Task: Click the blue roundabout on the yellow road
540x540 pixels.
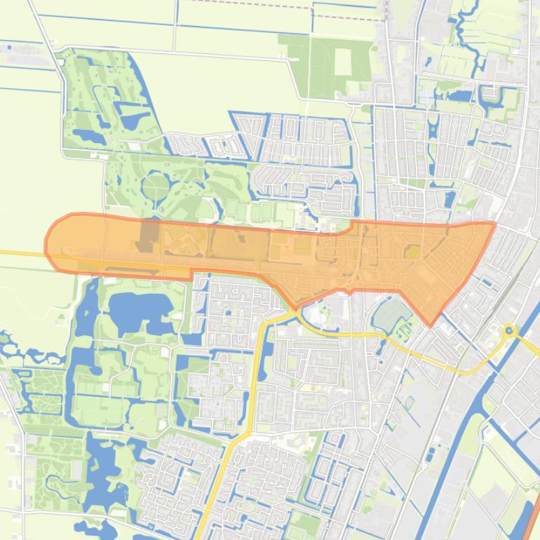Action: [x=509, y=330]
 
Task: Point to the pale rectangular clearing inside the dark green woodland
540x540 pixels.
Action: [x=342, y=63]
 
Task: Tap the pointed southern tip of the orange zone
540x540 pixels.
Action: [x=431, y=325]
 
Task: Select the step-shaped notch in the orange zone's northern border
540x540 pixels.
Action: [x=349, y=227]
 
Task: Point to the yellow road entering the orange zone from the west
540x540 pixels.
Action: [x=21, y=253]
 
